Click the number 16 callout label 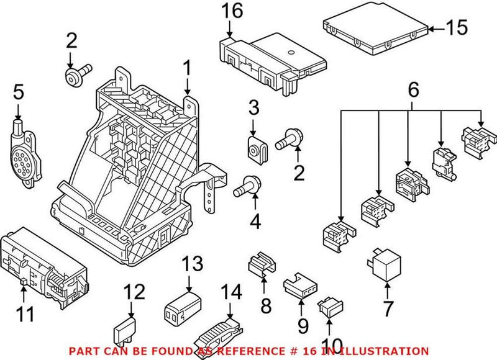point(229,12)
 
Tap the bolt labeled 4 point(245,186)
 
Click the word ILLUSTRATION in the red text point(386,351)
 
